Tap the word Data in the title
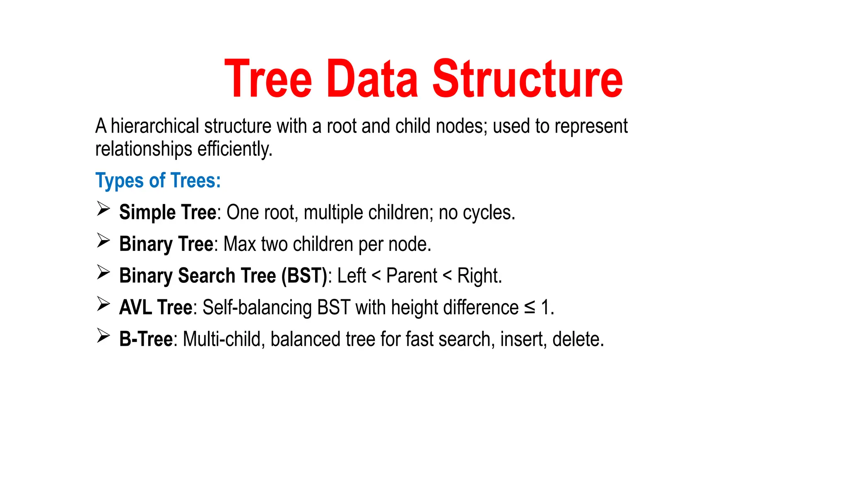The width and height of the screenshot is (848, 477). click(x=372, y=79)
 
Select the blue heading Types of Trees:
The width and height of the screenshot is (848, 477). click(x=158, y=181)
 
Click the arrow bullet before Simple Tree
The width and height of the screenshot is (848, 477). click(x=103, y=209)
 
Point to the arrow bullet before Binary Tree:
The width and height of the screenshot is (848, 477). click(x=103, y=240)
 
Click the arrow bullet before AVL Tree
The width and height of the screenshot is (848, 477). click(x=103, y=304)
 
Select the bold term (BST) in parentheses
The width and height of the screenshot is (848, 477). click(x=304, y=276)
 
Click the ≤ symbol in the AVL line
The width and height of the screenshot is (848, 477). click(x=529, y=308)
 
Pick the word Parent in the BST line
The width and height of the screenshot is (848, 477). click(x=411, y=276)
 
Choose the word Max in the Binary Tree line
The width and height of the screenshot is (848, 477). click(x=240, y=244)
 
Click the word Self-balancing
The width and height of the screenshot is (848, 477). click(x=257, y=308)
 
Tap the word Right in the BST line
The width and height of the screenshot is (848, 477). click(x=478, y=276)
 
